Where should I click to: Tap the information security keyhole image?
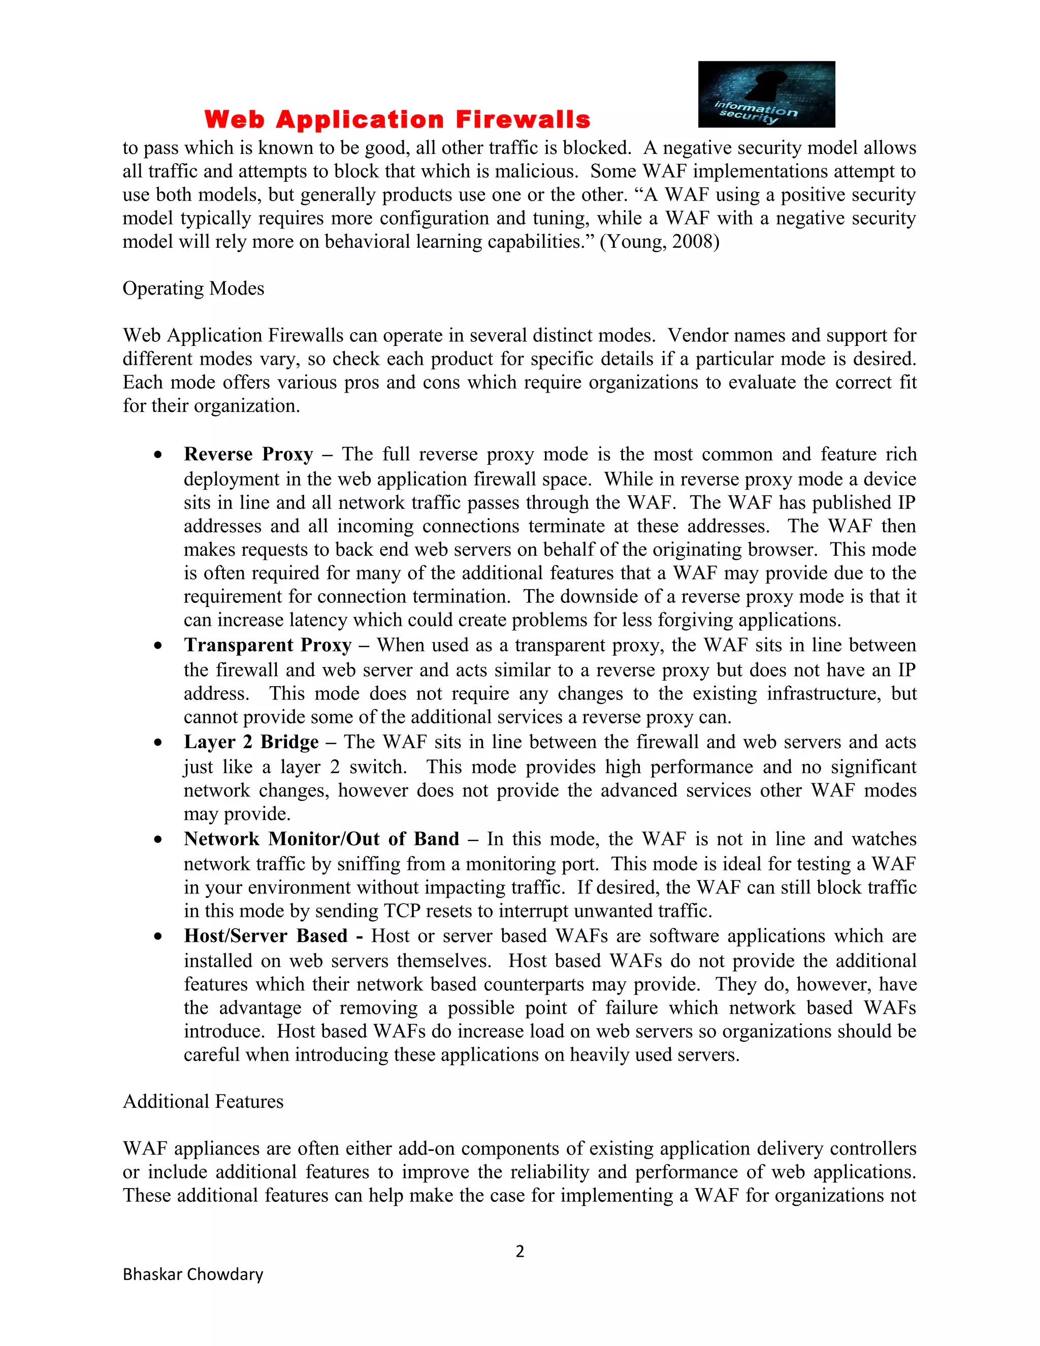click(766, 94)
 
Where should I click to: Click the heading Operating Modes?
click(193, 289)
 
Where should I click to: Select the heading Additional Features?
click(203, 1101)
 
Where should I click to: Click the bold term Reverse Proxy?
click(248, 454)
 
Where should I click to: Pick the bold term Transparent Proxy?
click(268, 645)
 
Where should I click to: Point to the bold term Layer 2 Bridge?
click(251, 742)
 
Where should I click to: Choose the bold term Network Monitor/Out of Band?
click(321, 839)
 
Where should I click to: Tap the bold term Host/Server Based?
click(266, 936)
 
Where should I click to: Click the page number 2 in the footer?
click(519, 1251)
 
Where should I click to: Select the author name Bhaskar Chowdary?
click(193, 1274)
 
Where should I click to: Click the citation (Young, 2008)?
click(659, 242)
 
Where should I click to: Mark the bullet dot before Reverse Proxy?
click(158, 455)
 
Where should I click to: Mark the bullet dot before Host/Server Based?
click(158, 936)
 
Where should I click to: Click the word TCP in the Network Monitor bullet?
click(402, 911)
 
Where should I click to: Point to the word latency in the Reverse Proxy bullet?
click(323, 620)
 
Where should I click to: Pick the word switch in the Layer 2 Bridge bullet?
click(377, 767)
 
